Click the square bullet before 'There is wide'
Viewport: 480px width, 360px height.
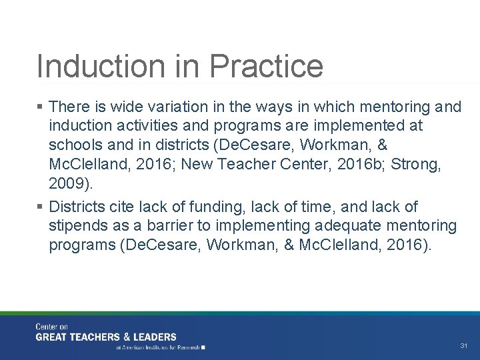click(x=41, y=107)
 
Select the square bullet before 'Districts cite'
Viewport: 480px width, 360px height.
click(x=41, y=207)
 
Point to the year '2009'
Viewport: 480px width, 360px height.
click(x=67, y=183)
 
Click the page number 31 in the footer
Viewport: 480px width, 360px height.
click(x=464, y=346)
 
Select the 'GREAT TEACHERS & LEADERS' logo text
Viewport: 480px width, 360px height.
click(x=106, y=337)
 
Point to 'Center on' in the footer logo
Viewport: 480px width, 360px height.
click(x=52, y=327)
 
